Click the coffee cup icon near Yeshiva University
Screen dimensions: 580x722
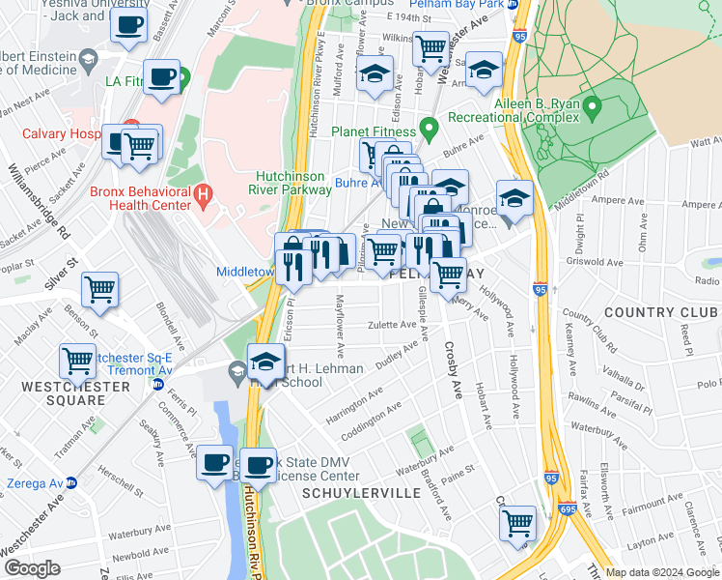click(x=129, y=26)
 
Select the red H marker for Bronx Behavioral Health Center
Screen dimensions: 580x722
click(x=203, y=196)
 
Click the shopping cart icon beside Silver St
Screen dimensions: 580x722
click(x=99, y=288)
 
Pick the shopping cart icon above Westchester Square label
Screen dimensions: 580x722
click(x=78, y=361)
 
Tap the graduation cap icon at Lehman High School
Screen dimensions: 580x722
click(x=264, y=362)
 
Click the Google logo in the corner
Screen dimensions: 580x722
click(x=32, y=568)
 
